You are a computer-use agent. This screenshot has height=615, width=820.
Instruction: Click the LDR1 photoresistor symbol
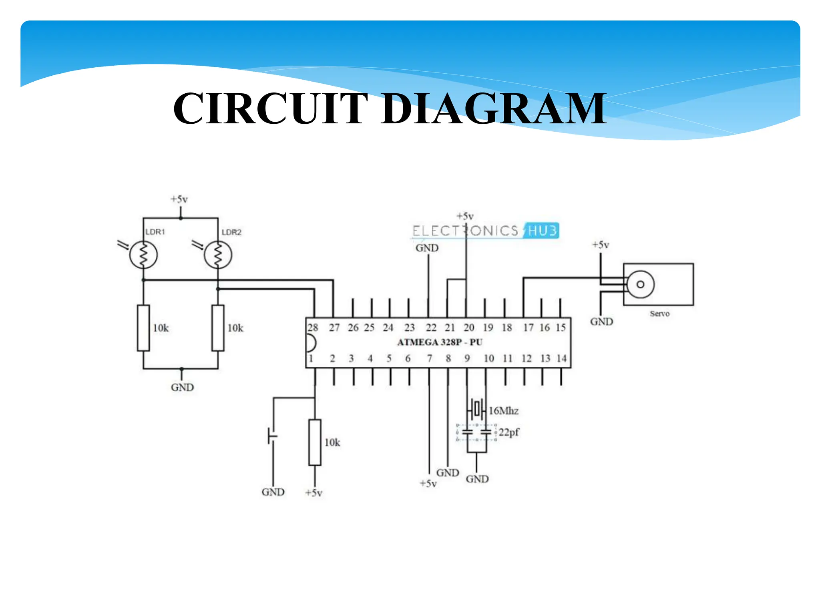click(x=143, y=255)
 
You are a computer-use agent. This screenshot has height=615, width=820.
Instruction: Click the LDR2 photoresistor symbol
click(x=218, y=255)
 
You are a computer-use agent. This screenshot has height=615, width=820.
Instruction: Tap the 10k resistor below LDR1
click(x=143, y=328)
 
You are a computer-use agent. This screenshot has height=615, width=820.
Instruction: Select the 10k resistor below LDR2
click(x=218, y=328)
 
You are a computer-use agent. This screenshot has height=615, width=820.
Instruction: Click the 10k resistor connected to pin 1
click(x=315, y=442)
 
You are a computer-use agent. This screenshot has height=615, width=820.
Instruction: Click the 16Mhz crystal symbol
click(x=476, y=409)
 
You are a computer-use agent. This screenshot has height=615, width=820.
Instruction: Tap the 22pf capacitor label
click(x=509, y=432)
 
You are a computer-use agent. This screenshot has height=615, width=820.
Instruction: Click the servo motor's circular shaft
click(x=640, y=284)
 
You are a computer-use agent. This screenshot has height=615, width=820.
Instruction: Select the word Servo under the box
click(x=659, y=314)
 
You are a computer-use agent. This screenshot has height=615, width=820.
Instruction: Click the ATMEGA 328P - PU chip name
click(x=440, y=342)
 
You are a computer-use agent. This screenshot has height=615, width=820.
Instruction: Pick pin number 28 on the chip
click(x=313, y=328)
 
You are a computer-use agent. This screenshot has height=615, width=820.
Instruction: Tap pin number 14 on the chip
click(x=561, y=358)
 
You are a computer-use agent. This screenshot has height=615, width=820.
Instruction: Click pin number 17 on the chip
click(x=528, y=328)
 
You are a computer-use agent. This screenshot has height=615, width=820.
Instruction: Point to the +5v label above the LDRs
click(x=179, y=199)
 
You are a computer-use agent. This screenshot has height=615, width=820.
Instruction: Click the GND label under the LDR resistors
click(x=182, y=388)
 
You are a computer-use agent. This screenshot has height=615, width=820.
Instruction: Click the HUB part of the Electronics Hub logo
click(x=542, y=231)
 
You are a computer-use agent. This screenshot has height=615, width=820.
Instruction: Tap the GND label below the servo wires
click(x=601, y=322)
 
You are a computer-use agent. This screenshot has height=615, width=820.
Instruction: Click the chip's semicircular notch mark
click(x=311, y=343)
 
